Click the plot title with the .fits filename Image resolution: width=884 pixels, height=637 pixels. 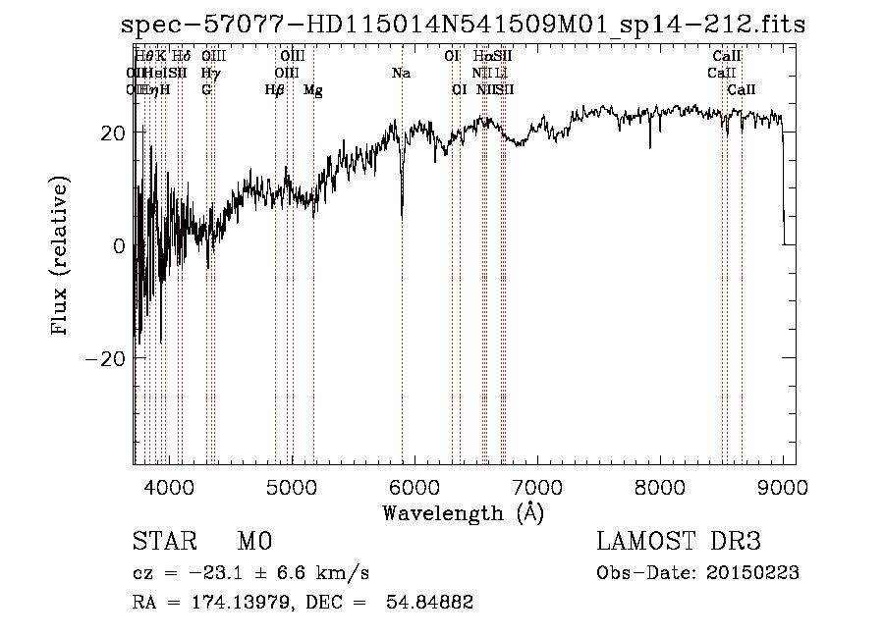coord(463,25)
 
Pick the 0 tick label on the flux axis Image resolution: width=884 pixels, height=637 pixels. coord(119,245)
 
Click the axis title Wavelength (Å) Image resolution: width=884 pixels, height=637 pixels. coord(463,512)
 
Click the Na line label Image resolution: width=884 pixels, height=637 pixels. coord(401,73)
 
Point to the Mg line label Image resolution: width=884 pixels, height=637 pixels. coord(312,90)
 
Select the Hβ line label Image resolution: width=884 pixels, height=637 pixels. coord(275,90)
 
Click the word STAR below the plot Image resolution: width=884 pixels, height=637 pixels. coord(163,542)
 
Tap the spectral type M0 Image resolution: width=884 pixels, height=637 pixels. coord(253,542)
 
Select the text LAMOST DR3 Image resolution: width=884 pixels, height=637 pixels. coord(678,542)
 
